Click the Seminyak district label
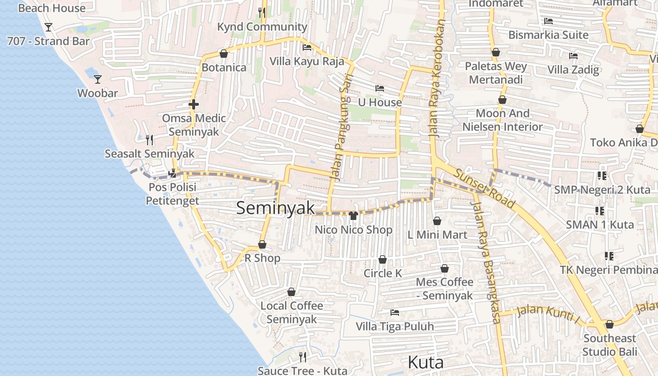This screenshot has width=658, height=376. pyautogui.click(x=275, y=208)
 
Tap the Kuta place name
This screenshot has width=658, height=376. pyautogui.click(x=425, y=362)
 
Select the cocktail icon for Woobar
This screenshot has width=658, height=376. pyautogui.click(x=97, y=79)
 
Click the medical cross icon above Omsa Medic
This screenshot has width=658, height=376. pyautogui.click(x=193, y=104)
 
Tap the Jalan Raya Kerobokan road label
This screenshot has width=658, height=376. pyautogui.click(x=437, y=78)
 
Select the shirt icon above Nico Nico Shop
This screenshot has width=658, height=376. pyautogui.click(x=353, y=215)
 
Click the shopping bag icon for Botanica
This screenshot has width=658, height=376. pyautogui.click(x=224, y=54)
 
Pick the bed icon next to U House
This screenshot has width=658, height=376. pyautogui.click(x=380, y=88)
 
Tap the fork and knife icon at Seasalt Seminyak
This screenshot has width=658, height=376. pyautogui.click(x=149, y=140)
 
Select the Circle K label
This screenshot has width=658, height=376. pyautogui.click(x=383, y=273)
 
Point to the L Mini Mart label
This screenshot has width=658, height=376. pyautogui.click(x=437, y=235)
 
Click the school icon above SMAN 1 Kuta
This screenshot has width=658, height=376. pyautogui.click(x=599, y=211)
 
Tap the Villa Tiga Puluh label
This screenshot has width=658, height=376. pyautogui.click(x=394, y=326)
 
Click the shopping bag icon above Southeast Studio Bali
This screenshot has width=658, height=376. pyautogui.click(x=609, y=324)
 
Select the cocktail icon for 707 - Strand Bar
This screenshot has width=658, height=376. pyautogui.click(x=48, y=27)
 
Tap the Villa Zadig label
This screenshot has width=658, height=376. pyautogui.click(x=573, y=70)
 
